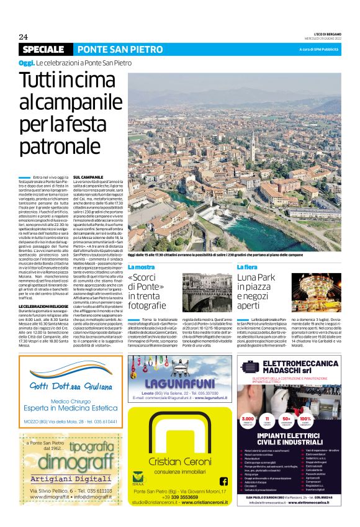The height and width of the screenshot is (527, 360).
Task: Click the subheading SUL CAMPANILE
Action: [x=88, y=178]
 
